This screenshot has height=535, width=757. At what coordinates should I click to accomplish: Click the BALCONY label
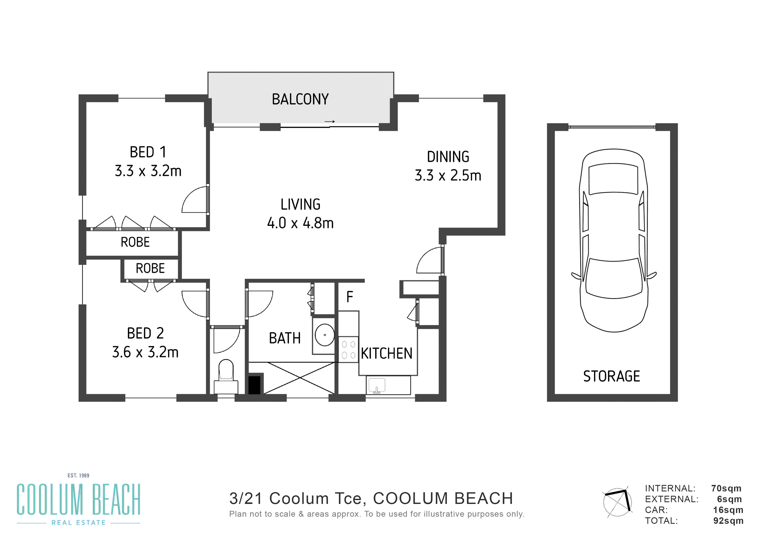click(300, 99)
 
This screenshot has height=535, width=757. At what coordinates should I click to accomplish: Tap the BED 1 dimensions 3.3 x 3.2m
click(148, 171)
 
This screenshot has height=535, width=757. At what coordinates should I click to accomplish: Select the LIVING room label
click(300, 204)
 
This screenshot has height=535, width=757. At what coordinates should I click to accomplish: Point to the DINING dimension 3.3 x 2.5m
click(448, 176)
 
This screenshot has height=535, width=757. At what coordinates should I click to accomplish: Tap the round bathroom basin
click(325, 335)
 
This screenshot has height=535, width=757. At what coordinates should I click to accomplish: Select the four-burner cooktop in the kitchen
click(349, 349)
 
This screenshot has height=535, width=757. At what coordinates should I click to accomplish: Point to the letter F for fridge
click(350, 297)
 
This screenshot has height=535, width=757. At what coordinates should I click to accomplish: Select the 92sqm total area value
click(728, 521)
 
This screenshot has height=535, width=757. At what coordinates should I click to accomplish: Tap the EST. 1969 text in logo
click(79, 475)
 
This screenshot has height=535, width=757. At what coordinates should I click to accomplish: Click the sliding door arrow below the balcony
click(330, 122)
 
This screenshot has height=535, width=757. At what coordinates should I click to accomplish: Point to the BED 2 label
click(145, 333)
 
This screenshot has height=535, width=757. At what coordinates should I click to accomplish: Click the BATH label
click(285, 338)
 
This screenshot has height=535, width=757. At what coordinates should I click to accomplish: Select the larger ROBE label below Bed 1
click(135, 242)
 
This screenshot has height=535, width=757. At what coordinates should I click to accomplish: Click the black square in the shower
click(254, 385)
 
